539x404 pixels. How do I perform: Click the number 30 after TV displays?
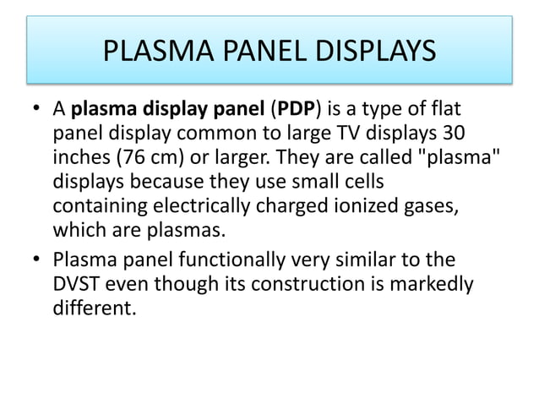(452, 134)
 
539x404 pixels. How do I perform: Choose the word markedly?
(432, 282)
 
